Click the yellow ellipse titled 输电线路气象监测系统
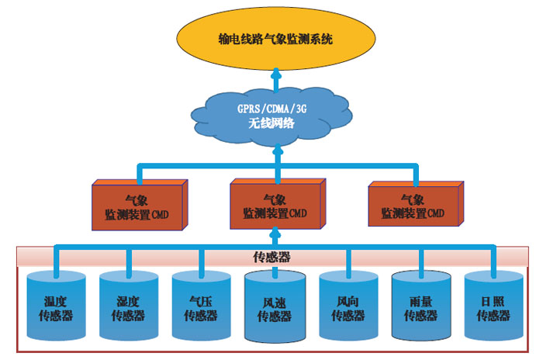coord(275,38)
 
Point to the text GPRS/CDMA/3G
coord(272,109)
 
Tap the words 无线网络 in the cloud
coord(272,123)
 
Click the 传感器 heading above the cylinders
coord(272,257)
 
